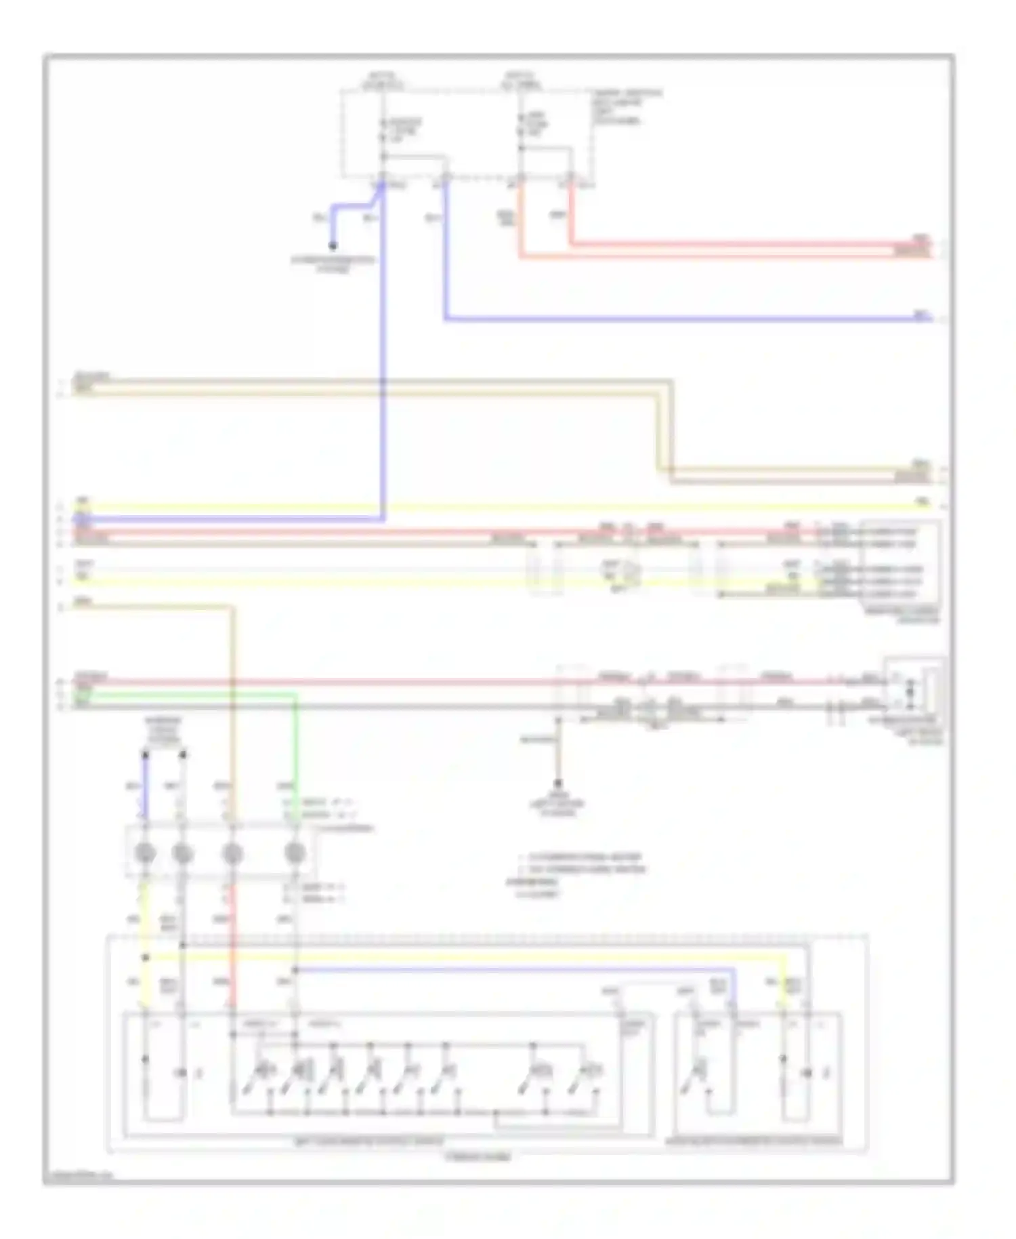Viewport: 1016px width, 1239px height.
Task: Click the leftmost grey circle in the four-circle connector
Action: pos(144,854)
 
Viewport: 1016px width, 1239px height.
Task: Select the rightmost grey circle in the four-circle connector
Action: pos(294,854)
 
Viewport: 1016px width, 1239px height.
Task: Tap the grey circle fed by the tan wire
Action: pos(232,854)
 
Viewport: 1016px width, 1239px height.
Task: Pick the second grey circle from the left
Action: pos(182,854)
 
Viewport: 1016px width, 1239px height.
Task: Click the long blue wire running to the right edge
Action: pos(677,318)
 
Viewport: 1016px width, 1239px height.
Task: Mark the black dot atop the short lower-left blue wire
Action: pos(144,753)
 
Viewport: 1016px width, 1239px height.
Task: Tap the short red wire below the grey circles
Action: pos(232,949)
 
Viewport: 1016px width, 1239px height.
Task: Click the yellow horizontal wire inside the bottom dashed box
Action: pos(474,958)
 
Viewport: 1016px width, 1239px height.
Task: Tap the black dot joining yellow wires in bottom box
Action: pos(145,958)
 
